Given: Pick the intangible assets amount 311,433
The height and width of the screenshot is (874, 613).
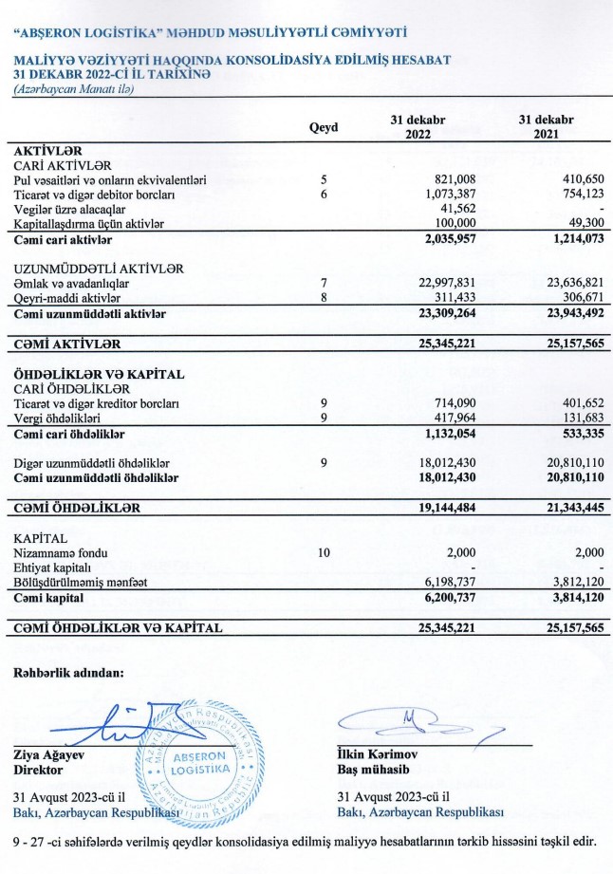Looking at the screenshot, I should coord(455,298).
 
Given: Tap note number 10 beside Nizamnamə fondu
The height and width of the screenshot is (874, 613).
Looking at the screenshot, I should coord(324,552).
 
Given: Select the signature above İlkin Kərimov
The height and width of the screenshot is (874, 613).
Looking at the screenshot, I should coord(418,726).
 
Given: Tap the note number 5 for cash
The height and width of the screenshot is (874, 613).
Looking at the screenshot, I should coord(324,179).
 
